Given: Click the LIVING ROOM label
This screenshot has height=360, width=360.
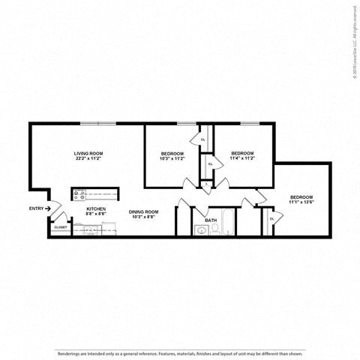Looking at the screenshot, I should pos(88,153).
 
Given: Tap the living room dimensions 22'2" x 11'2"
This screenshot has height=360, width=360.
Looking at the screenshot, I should pos(88,159).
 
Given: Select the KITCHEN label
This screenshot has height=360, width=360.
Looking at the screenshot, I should pos(96,208).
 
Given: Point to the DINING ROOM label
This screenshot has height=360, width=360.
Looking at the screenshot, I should pos(142,211).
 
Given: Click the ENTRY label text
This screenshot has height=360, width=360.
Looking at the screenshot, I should pos(36,208).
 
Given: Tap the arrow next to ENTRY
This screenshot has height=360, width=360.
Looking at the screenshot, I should pos(48,208).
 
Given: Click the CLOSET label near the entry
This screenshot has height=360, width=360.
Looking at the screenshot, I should pos(61,226).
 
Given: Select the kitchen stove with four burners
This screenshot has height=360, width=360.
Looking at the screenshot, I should pos(79,195).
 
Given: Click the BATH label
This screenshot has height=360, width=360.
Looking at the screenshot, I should pos(211,220).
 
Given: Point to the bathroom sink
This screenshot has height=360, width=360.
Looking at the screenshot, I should pos(201,231).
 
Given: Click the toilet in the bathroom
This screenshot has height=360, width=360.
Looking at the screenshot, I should pos(213,232).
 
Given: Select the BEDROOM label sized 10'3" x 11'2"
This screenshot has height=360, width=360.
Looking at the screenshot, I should pos(172,153).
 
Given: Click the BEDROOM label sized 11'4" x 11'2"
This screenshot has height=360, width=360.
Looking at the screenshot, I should pos(241,153).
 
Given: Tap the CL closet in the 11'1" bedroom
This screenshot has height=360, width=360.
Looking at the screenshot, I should pos(271,219).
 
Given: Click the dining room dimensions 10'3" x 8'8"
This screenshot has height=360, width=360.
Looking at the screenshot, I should pos(142,217).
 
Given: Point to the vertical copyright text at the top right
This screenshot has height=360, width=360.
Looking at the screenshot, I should pos(353,40).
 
